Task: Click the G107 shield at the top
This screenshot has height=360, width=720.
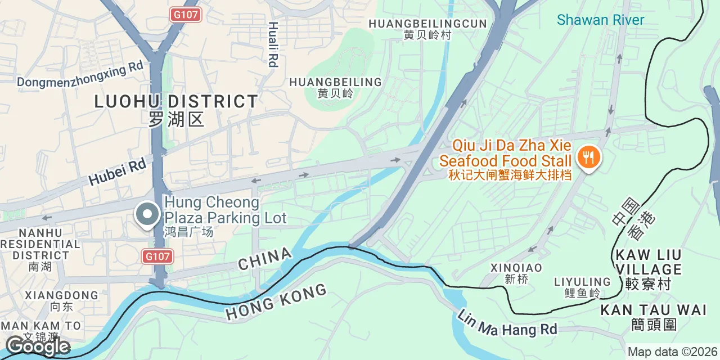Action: (186, 14)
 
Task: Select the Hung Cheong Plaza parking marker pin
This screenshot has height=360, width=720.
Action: (147, 214)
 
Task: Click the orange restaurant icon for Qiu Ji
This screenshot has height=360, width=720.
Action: (588, 157)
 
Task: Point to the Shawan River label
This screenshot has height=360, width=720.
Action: (600, 20)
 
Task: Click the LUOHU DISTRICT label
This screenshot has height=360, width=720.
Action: (176, 102)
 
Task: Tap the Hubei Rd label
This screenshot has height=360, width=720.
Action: (118, 172)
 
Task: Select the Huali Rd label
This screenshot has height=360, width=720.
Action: (273, 44)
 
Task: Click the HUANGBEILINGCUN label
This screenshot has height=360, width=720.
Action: (427, 24)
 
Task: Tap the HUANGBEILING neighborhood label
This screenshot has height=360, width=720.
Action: (335, 82)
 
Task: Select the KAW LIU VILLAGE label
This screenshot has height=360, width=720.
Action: (648, 262)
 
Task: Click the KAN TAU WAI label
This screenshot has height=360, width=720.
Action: (653, 310)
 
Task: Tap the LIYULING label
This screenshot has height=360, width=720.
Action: (582, 281)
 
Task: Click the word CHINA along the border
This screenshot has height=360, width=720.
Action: (265, 259)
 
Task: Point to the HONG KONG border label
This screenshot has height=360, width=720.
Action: (276, 302)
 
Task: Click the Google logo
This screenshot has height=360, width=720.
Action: (37, 346)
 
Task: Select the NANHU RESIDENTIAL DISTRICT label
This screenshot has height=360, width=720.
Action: (40, 244)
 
